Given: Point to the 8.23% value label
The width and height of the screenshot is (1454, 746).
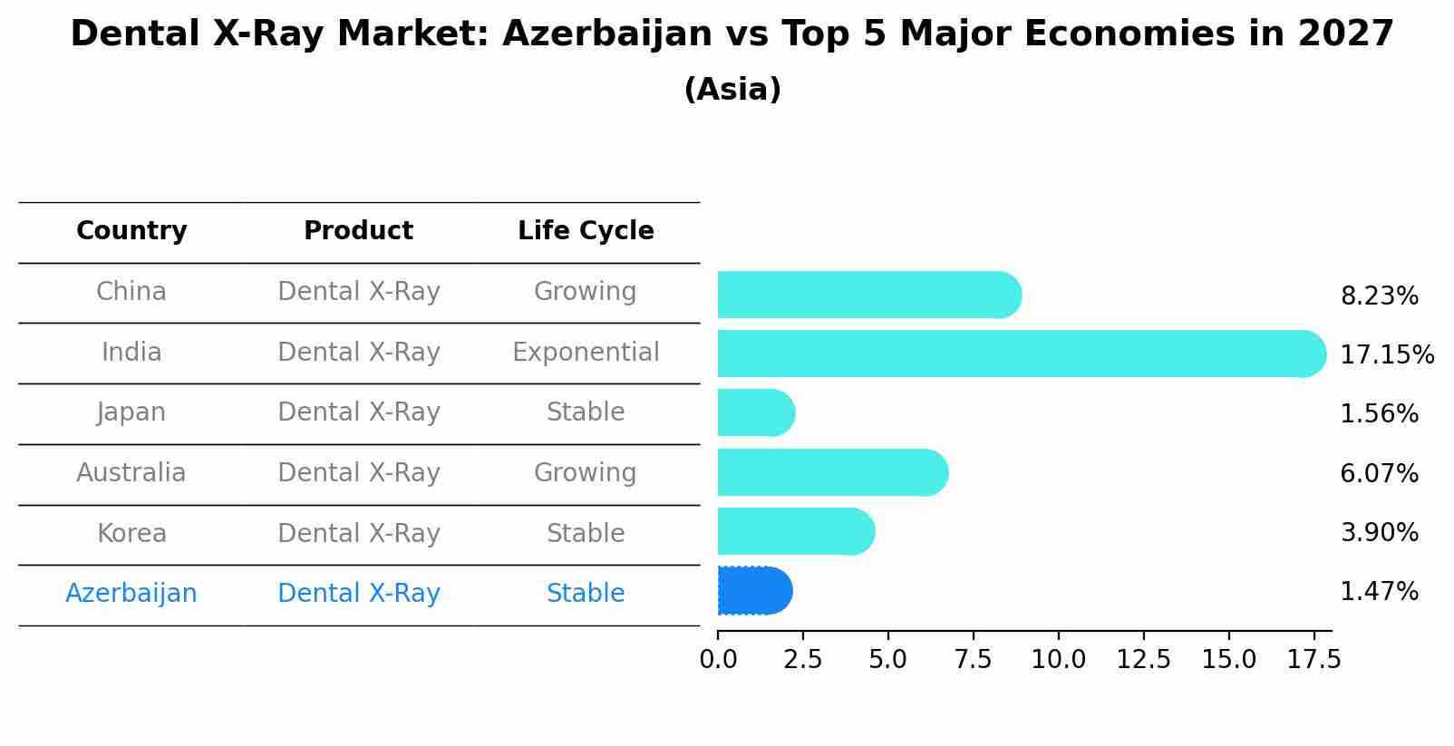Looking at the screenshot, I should [x=1379, y=296].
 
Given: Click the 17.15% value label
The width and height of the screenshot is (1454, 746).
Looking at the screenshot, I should [x=1386, y=354].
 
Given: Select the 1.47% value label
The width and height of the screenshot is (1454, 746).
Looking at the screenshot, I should [x=1379, y=592].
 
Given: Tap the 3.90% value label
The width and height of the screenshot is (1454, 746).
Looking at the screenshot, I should [x=1379, y=533].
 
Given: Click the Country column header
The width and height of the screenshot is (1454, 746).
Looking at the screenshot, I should [x=131, y=231].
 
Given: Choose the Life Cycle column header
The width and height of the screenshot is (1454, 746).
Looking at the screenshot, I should [x=586, y=231].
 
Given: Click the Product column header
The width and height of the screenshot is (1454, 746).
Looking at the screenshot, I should [x=358, y=231].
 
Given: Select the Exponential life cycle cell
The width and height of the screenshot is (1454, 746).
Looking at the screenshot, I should [x=586, y=352].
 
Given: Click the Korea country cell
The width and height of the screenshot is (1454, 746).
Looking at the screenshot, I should [x=131, y=533].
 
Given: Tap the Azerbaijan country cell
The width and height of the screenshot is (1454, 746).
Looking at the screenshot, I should [x=131, y=594].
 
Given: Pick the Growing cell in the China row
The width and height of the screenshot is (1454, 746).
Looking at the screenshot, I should [x=586, y=292].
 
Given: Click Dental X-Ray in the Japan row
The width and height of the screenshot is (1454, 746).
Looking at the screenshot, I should [x=358, y=412].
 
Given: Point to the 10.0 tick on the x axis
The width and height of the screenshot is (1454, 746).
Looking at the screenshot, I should [x=1058, y=659].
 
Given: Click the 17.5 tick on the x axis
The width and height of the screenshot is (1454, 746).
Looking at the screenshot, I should [x=1313, y=659].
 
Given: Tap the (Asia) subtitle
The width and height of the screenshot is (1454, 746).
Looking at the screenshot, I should [x=732, y=90].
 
